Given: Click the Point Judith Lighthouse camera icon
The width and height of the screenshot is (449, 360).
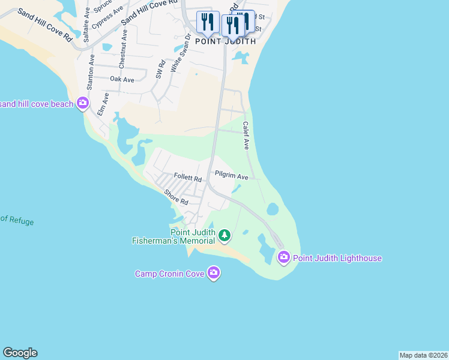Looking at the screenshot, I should pos(283,258).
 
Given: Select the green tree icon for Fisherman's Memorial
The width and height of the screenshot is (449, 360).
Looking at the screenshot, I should pos(224,235).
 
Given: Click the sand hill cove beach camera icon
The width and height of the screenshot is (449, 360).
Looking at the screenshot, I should pos(83,104).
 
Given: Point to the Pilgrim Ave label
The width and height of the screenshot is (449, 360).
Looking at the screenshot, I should pos(232,177).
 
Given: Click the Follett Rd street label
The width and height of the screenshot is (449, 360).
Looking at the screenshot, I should pos(187,178).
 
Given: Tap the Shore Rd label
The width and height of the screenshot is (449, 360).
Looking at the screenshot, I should pos(176,197).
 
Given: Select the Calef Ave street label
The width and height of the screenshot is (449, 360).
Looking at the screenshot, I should pos(246,136).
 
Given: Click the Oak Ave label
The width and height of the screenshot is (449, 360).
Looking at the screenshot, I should pos(122,79).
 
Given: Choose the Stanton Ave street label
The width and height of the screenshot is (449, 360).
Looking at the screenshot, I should pos(91,72).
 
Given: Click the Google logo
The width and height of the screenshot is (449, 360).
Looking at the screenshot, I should pos(20,353).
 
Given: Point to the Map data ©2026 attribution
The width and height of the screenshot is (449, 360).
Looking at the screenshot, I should pos(423,355).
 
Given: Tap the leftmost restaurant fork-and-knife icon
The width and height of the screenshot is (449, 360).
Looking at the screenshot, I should pos(207,22).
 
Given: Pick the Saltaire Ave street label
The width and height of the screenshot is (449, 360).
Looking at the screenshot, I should pos(88,29).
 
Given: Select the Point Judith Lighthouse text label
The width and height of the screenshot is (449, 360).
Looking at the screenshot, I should pos(337,258).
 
